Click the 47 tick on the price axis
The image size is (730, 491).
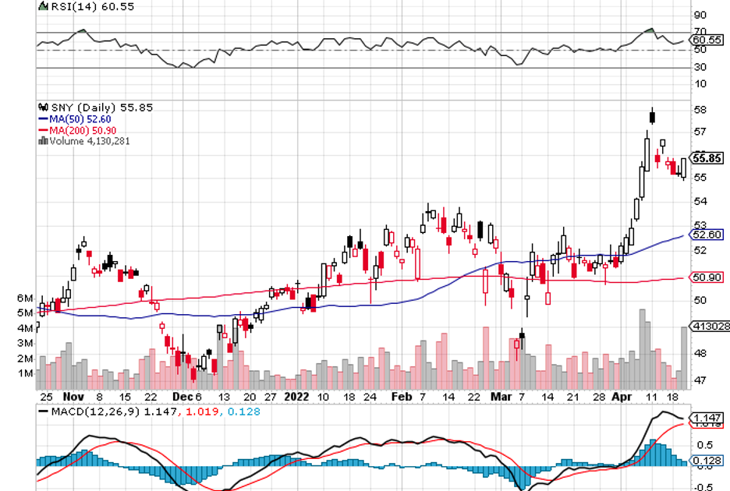pyautogui.click(x=700, y=380)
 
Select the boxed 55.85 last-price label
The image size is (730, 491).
pyautogui.click(x=707, y=157)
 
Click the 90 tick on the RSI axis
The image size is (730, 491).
pyautogui.click(x=700, y=15)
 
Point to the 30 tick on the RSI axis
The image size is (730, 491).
pyautogui.click(x=700, y=67)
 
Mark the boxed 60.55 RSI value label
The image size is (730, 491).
pyautogui.click(x=707, y=40)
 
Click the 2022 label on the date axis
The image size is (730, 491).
pyautogui.click(x=296, y=395)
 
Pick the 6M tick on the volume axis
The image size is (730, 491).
pyautogui.click(x=24, y=298)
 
